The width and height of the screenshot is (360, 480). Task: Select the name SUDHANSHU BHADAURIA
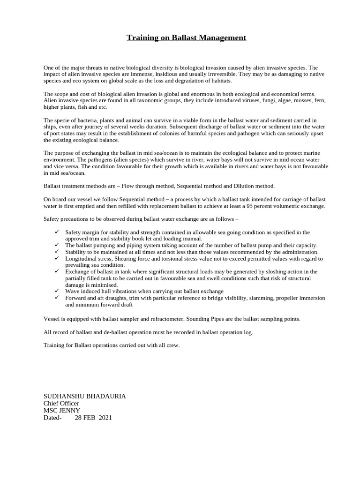click(84, 396)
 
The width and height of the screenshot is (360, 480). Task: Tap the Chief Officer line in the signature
click(61, 403)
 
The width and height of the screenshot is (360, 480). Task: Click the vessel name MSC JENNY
click(61, 410)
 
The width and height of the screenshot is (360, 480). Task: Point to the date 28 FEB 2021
click(93, 418)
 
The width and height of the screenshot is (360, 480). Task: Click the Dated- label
click(52, 418)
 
